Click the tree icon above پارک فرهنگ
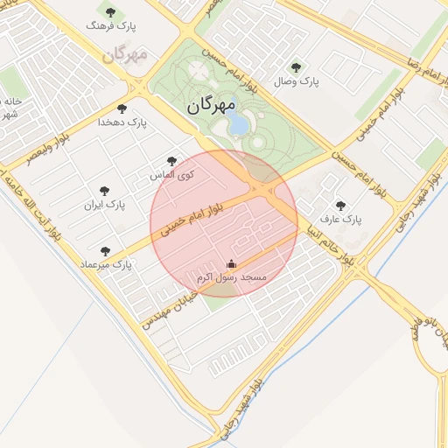[110, 12]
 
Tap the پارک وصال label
[297, 81]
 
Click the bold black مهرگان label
[212, 108]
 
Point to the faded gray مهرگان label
[125, 54]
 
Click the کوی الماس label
[172, 175]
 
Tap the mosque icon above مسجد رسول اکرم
[231, 263]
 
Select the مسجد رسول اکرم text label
[232, 276]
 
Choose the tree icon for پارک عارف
[340, 206]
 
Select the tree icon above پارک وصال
[296, 67]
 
